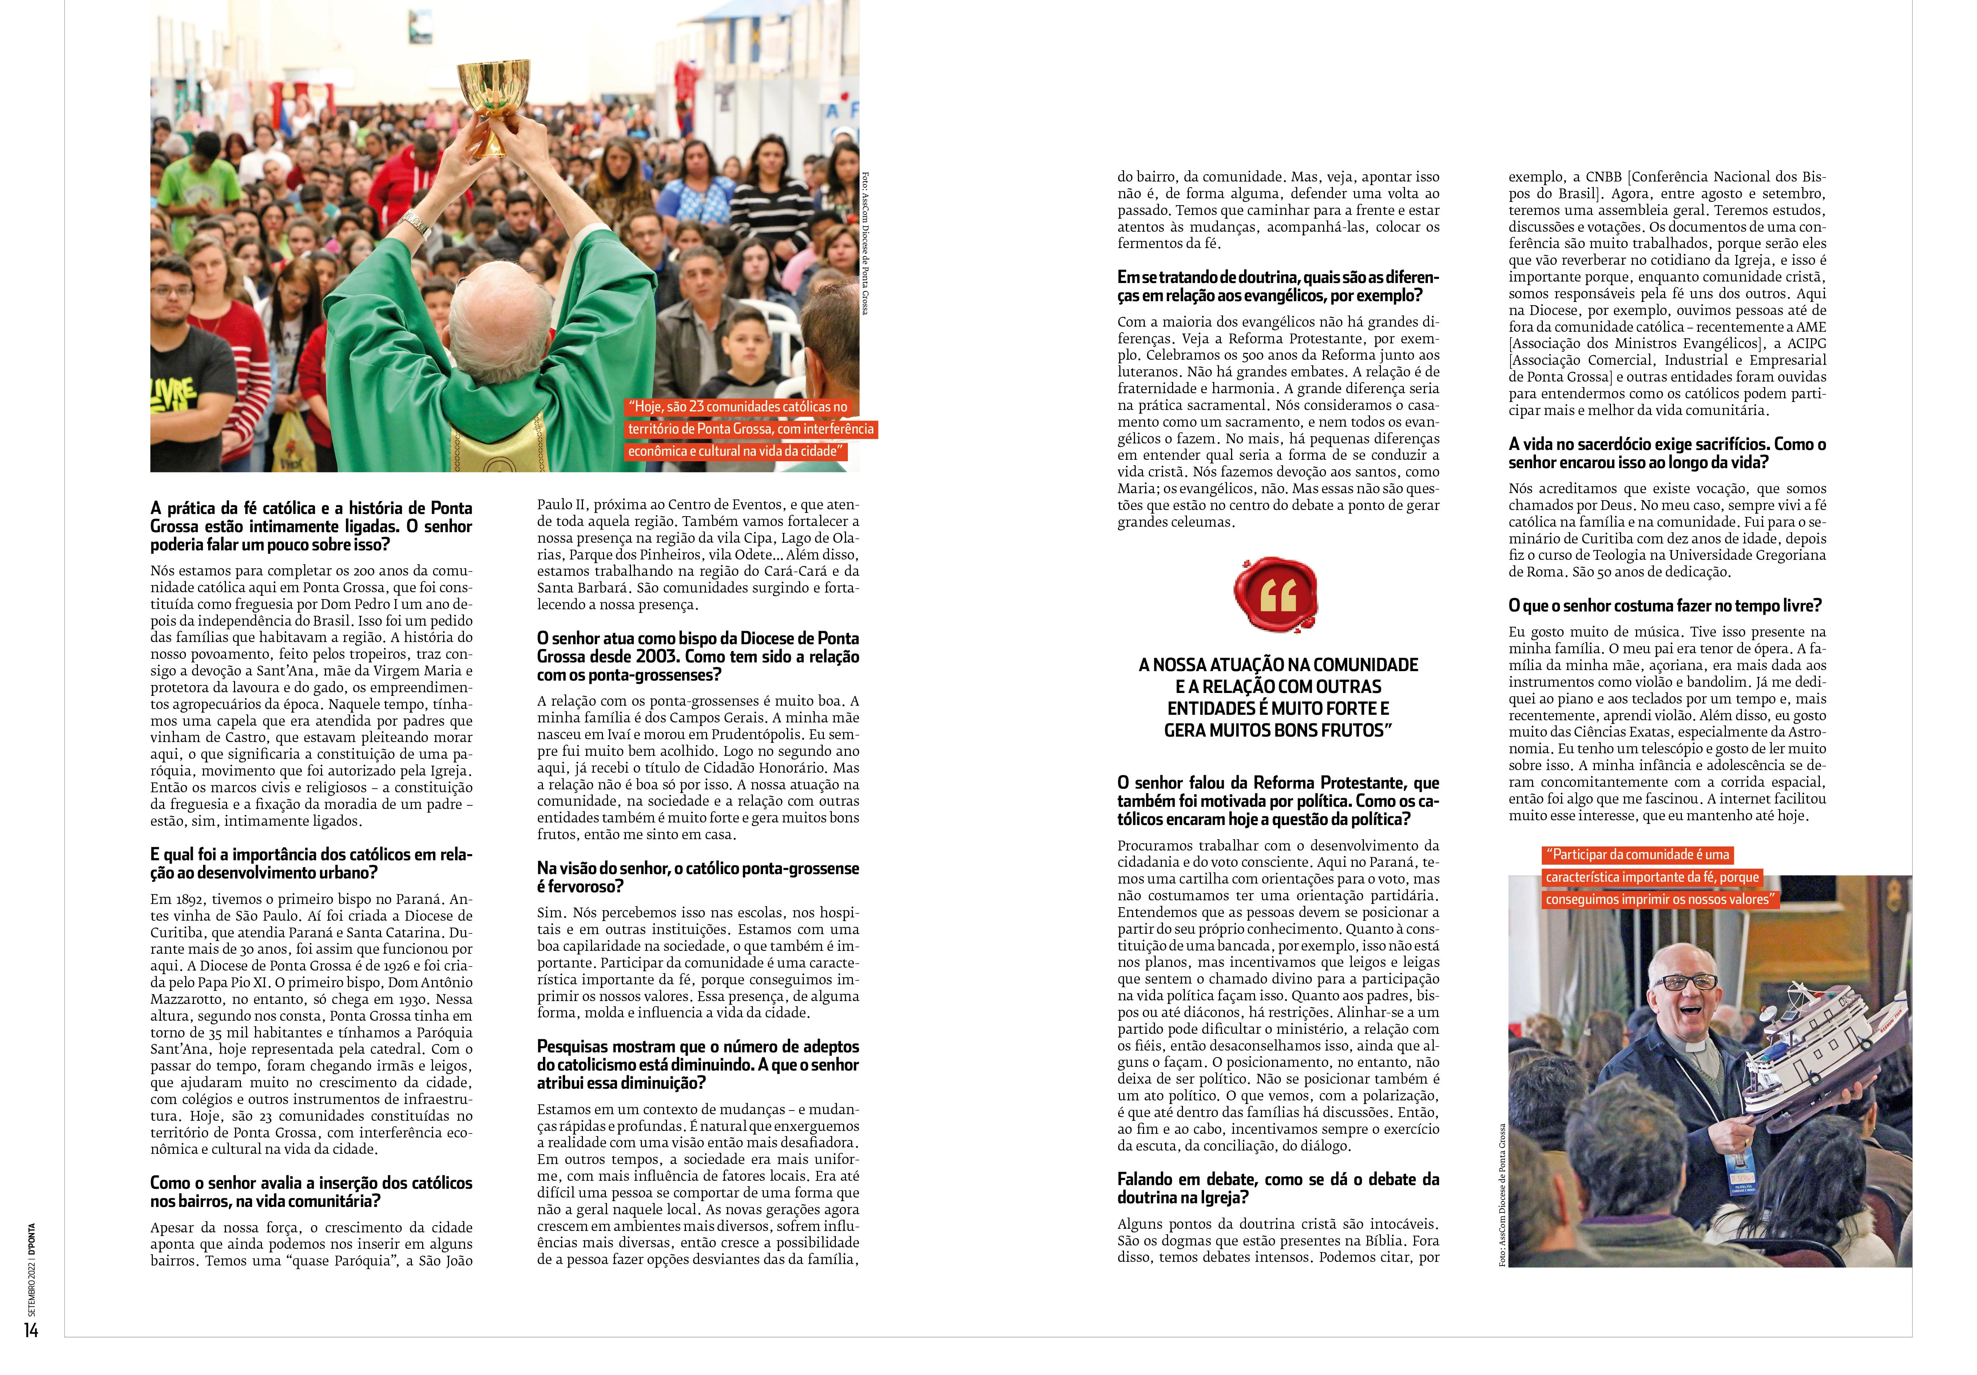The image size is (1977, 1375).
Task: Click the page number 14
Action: tap(31, 1330)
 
